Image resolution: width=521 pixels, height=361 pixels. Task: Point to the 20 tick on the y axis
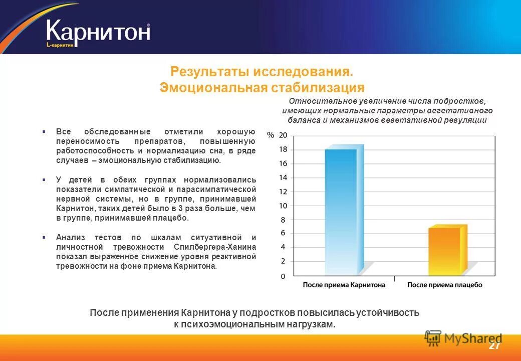283,135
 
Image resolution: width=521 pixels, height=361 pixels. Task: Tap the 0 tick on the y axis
283,276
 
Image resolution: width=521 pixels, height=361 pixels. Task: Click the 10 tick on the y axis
283,206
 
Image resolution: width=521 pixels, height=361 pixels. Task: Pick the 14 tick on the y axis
283,177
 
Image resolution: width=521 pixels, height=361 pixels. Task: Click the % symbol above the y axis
271,135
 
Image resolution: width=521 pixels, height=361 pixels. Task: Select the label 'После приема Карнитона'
344,285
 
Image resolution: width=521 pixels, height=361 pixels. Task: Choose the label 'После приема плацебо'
444,285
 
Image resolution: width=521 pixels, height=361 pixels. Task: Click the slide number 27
494,346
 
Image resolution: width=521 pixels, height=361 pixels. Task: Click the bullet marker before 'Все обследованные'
44,131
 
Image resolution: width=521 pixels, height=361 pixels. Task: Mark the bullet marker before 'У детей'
44,179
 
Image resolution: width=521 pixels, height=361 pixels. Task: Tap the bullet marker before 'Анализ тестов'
44,237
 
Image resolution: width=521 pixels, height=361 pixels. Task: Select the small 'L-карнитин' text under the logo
60,45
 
